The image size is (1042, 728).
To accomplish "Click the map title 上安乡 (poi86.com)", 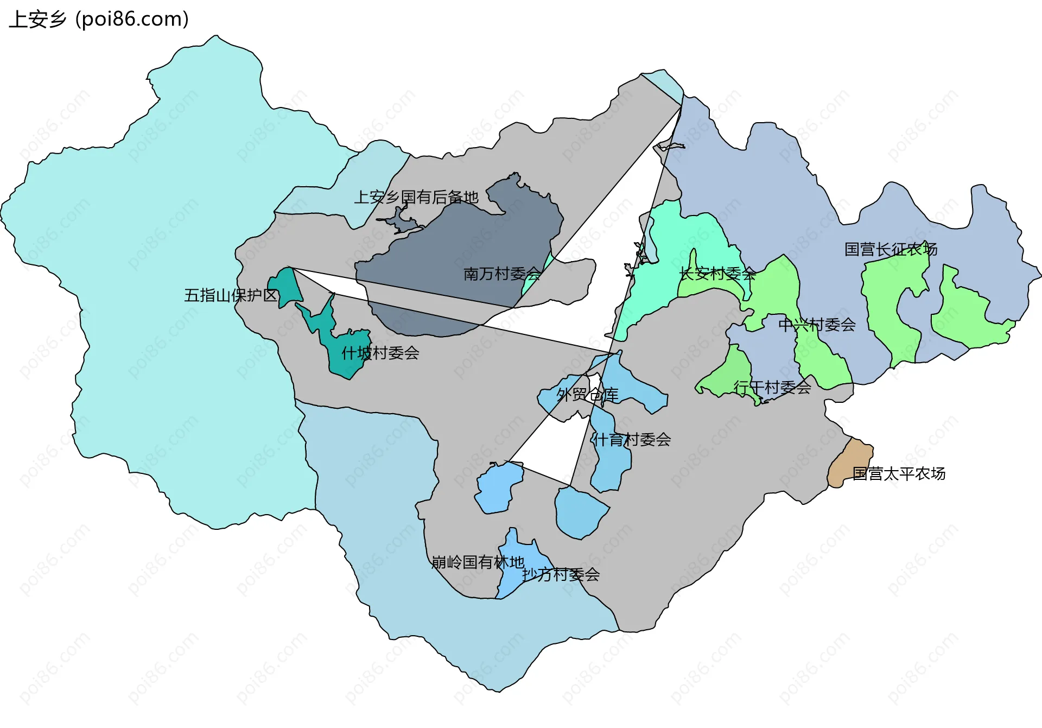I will point(99,20).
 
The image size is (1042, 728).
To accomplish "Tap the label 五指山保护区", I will point(231,295).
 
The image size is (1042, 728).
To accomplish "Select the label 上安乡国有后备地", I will point(416,197).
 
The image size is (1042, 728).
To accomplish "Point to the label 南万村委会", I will point(502,274).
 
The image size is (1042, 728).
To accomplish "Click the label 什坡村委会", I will point(380,353).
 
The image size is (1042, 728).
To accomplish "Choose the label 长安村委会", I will point(717,274).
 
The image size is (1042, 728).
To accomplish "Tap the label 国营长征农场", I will point(891,249).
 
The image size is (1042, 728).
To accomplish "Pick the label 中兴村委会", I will point(817,325).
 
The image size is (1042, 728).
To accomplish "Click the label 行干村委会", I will point(772,387).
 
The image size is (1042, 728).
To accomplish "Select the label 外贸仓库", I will point(587,395).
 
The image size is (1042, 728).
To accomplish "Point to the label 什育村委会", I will point(631,440).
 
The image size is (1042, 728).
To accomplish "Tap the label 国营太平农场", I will point(899,474).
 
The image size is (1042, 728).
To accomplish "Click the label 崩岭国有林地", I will point(478,562).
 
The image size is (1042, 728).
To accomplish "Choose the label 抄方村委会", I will point(561,574).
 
